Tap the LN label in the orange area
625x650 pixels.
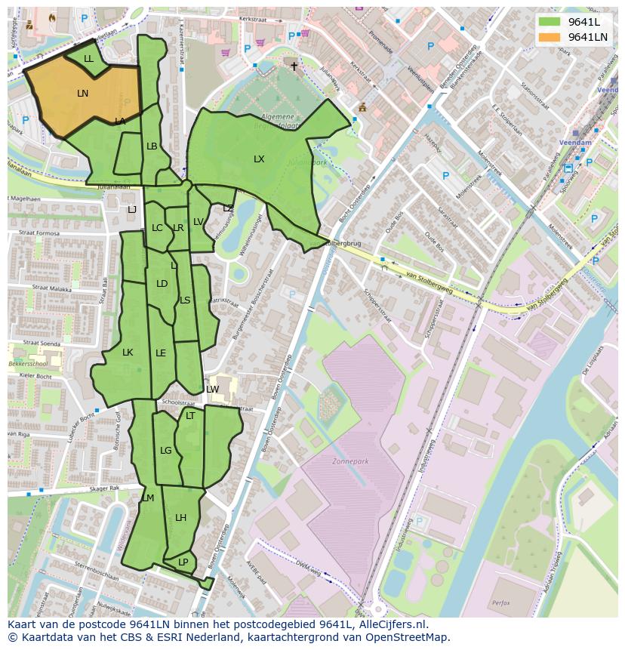83,94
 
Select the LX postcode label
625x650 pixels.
259,159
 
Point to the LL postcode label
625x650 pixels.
88,59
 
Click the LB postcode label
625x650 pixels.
152,146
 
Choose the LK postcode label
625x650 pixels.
128,353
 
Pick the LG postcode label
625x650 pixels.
166,451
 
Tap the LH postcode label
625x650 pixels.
180,518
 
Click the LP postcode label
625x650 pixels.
183,562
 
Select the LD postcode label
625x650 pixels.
162,284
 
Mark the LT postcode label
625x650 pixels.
190,416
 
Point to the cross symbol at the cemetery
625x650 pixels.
294,66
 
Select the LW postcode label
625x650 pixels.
213,390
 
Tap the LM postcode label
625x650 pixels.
148,498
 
